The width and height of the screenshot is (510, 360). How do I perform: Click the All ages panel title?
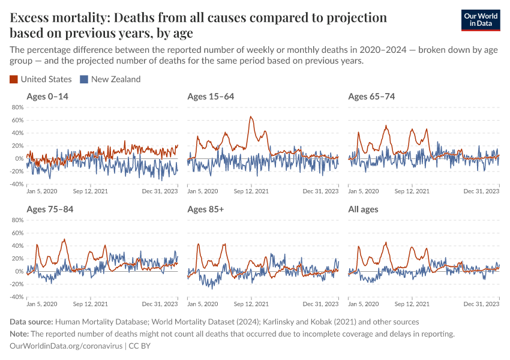(363, 209)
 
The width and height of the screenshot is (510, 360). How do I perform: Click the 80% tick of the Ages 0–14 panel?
(17, 107)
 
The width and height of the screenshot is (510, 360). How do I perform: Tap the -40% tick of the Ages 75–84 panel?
(16, 297)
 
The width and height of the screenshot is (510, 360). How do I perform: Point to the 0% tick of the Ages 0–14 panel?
(19, 158)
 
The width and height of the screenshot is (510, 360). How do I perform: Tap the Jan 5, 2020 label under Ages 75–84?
(43, 304)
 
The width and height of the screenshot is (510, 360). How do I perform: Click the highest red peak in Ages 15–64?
(250, 117)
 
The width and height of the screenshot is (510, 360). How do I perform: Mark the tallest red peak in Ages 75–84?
(64, 239)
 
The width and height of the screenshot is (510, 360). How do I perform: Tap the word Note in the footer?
(19, 334)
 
